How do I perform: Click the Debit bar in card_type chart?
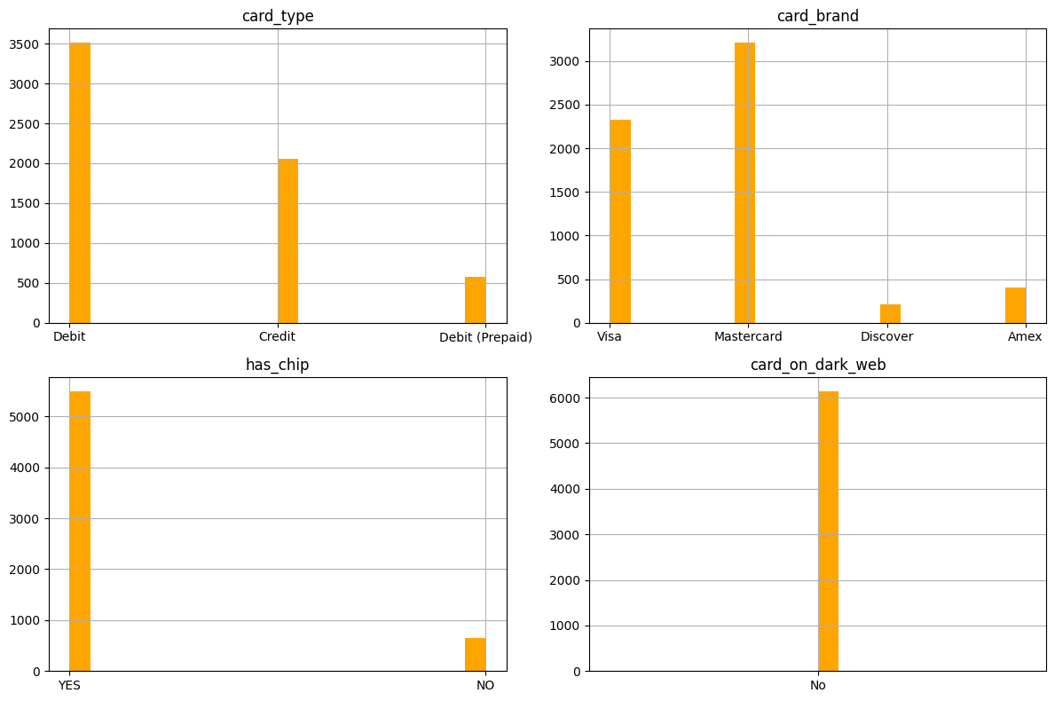[x=80, y=182]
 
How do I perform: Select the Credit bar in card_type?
[x=287, y=240]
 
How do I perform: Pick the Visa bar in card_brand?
[x=620, y=221]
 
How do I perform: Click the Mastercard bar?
[x=744, y=182]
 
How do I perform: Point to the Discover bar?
[x=890, y=313]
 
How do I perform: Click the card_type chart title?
[x=278, y=16]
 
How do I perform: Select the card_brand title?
[x=817, y=16]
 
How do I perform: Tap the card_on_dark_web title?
[x=817, y=365]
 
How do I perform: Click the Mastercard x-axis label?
[x=748, y=337]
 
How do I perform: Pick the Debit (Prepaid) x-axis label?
[x=485, y=337]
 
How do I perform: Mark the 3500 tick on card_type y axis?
[x=26, y=44]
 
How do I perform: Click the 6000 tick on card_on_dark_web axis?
[x=565, y=398]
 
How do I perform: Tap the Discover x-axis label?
[x=886, y=337]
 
